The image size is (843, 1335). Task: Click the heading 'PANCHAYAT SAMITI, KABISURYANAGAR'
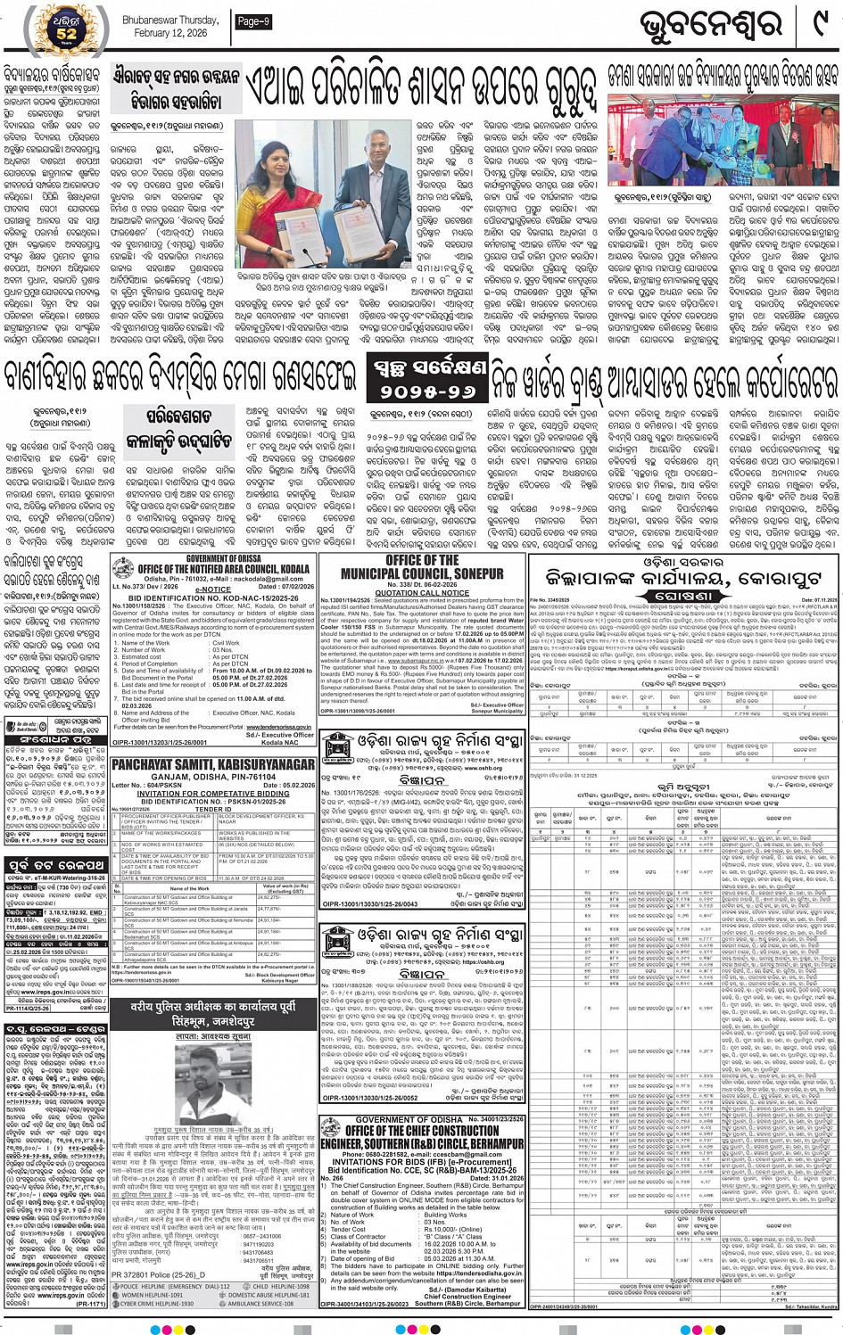point(213,765)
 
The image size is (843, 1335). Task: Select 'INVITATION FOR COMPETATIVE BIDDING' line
point(213,793)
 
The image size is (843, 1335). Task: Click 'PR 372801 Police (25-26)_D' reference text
point(159,1275)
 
